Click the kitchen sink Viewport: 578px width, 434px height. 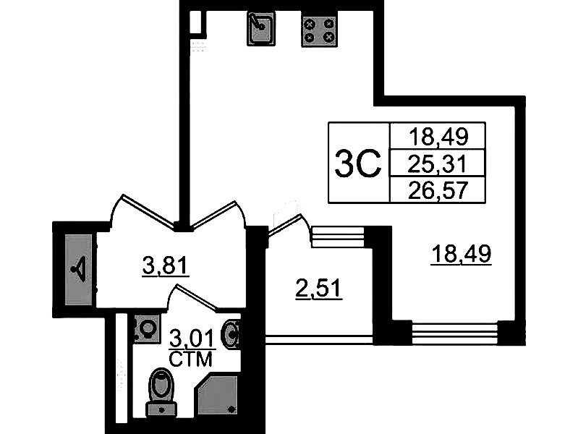point(261,28)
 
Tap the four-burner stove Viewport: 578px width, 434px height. point(319,30)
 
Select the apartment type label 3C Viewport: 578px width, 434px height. point(358,163)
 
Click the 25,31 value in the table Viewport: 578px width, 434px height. point(437,163)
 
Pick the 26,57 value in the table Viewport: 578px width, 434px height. point(438,190)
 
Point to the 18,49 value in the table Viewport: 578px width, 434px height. point(438,136)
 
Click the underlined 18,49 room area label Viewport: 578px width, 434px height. point(462,255)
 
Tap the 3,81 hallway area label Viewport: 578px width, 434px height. point(166,266)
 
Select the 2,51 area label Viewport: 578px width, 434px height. point(319,289)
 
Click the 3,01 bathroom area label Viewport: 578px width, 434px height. point(192,339)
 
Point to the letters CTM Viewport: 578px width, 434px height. point(190,359)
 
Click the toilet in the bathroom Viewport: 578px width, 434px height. point(161,392)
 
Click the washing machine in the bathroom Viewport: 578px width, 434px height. point(147,329)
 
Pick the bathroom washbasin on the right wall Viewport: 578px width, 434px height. point(231,334)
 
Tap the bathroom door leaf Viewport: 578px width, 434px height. point(197,297)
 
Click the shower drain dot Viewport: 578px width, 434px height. point(231,409)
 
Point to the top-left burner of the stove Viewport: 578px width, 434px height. point(310,24)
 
